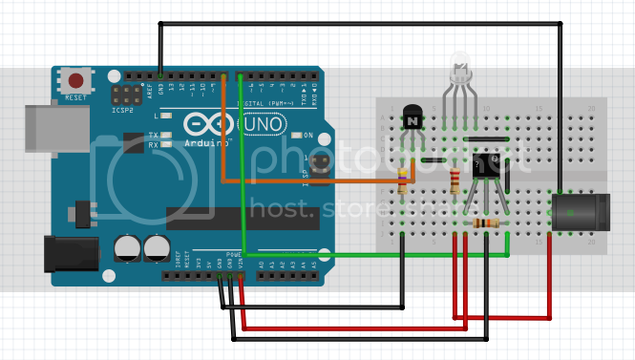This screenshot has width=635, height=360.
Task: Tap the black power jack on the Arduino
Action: click(x=71, y=254)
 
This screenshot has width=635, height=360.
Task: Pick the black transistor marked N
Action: click(x=412, y=119)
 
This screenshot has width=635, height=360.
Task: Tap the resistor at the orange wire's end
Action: click(x=403, y=181)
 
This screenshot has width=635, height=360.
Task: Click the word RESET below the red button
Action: click(x=74, y=98)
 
